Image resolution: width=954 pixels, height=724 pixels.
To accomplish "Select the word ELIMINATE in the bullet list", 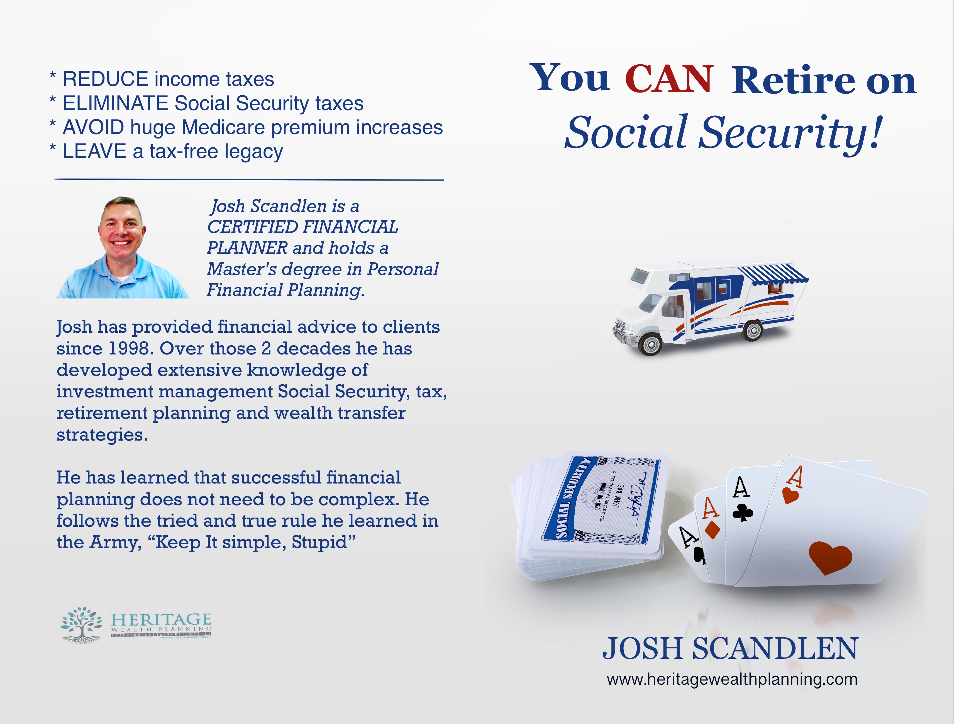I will [115, 104].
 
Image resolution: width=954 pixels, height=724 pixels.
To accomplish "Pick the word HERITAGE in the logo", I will [161, 620].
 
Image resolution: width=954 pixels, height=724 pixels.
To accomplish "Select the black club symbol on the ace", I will [743, 513].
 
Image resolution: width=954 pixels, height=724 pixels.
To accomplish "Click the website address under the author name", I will [731, 679].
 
